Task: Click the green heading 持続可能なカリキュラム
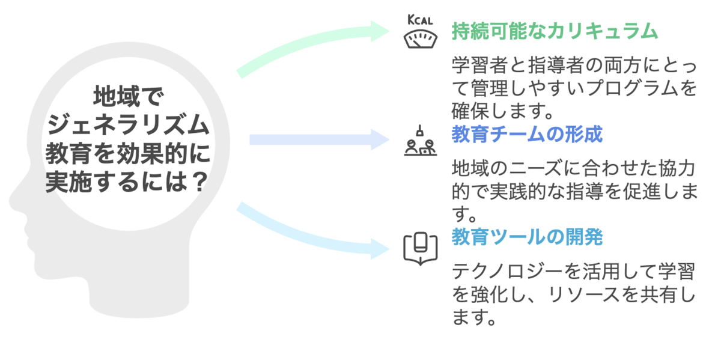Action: (x=554, y=31)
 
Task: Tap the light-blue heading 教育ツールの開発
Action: (x=526, y=237)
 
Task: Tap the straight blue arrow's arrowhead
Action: (x=382, y=140)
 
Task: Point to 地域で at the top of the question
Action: (x=129, y=97)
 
